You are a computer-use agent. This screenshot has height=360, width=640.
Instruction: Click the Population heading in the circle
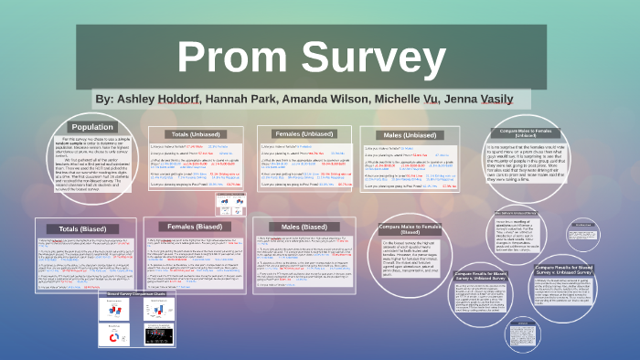(92, 128)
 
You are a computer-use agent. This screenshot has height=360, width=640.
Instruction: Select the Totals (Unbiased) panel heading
(194, 134)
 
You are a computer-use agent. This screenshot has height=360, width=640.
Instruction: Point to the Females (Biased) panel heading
(194, 226)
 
